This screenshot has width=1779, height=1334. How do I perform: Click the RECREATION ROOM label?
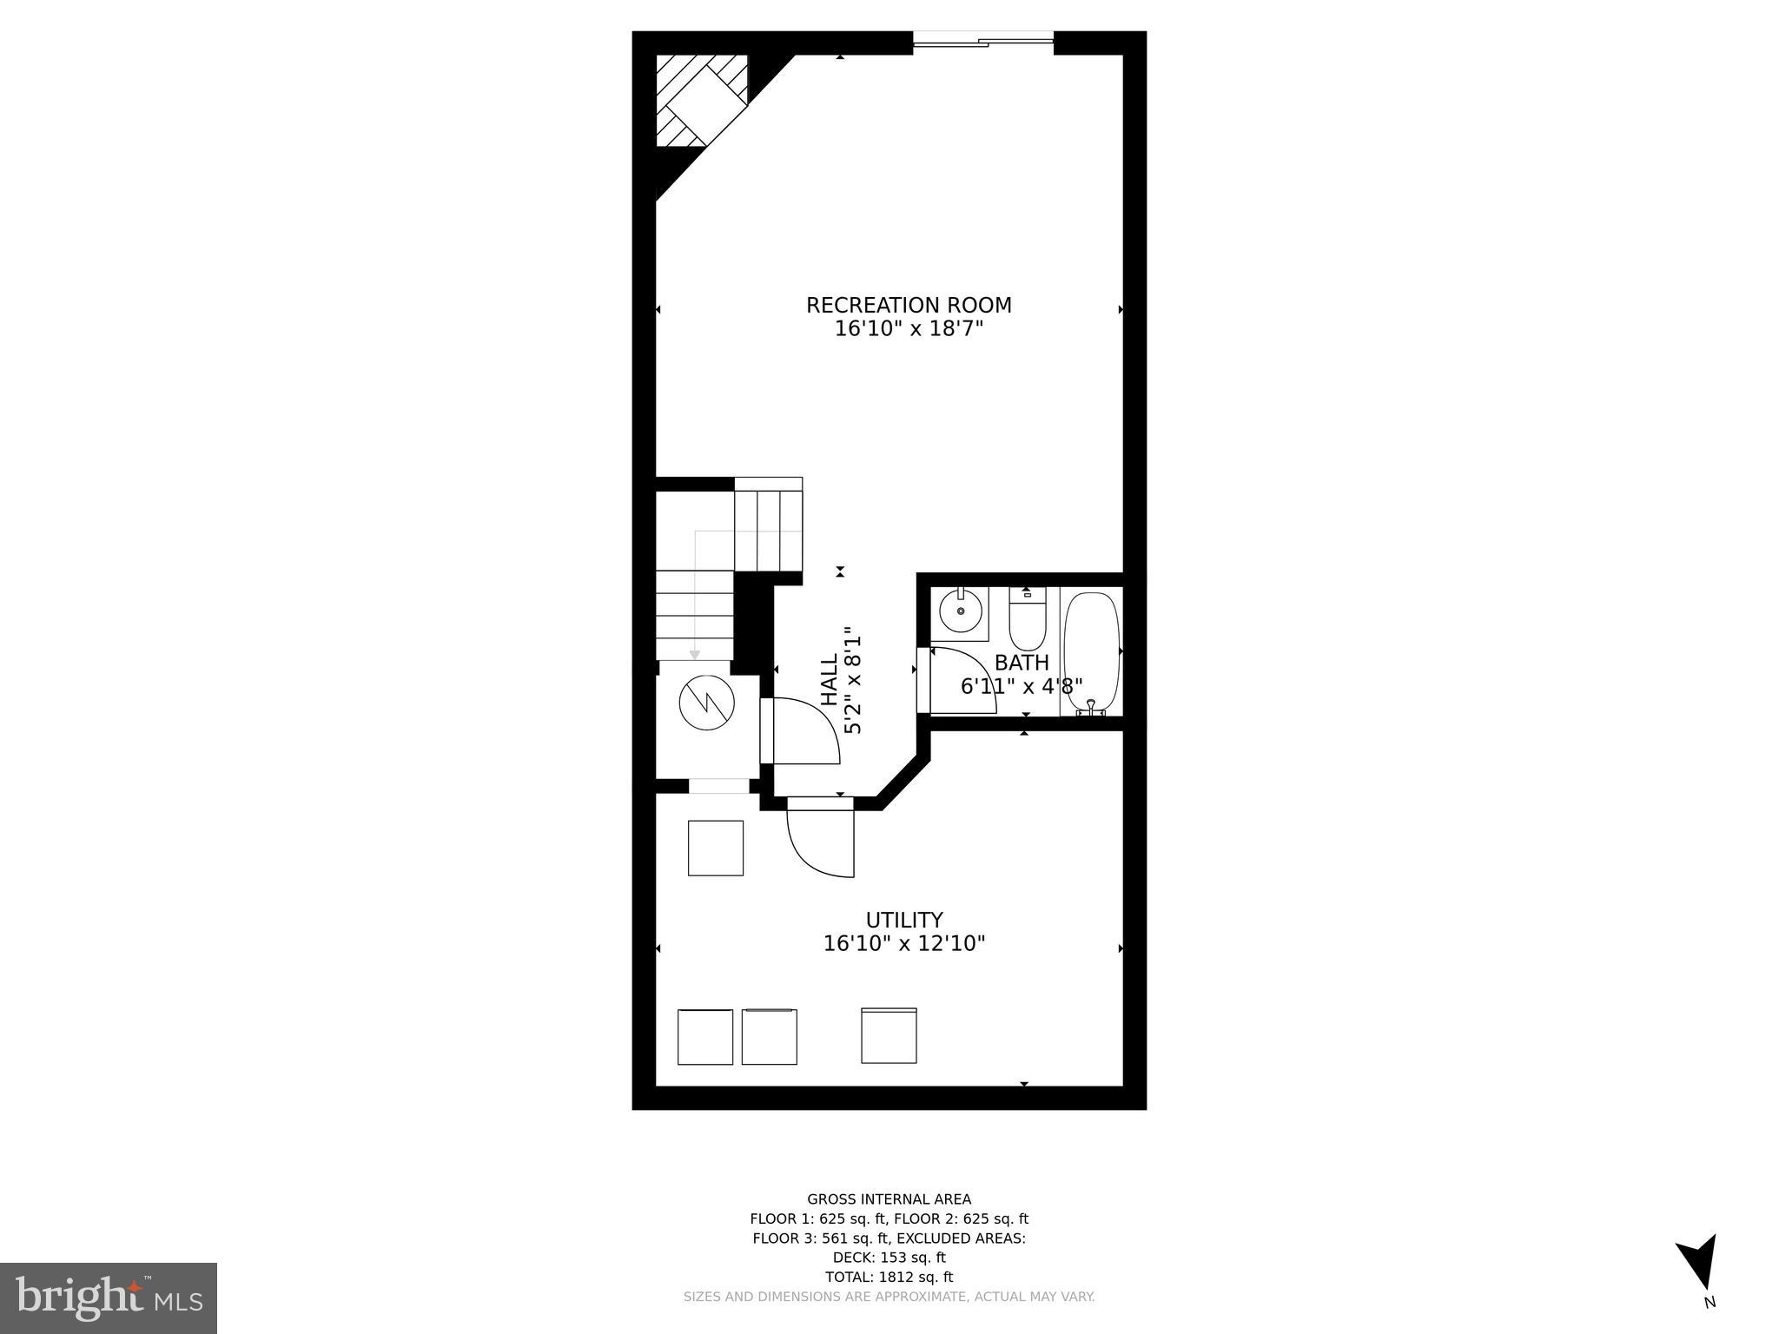click(x=909, y=306)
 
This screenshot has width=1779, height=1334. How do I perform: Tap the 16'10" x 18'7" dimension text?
click(x=909, y=329)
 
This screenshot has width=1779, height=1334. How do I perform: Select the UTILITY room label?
click(x=903, y=920)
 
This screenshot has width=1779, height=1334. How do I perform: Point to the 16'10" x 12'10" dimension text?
click(x=903, y=944)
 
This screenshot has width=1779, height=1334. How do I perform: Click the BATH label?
click(x=1022, y=663)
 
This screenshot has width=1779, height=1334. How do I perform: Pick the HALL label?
click(x=830, y=680)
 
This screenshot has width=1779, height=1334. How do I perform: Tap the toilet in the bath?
click(x=1028, y=618)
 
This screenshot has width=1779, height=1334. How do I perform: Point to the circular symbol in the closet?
click(x=707, y=702)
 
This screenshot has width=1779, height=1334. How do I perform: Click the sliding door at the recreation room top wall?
click(x=982, y=39)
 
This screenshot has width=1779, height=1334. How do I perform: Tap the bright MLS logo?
click(x=109, y=1298)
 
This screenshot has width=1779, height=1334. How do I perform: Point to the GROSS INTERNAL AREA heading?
click(x=889, y=1199)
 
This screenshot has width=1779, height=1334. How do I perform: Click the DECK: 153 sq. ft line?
click(x=889, y=1257)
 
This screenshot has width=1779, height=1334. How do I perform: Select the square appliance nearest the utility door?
click(x=715, y=848)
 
